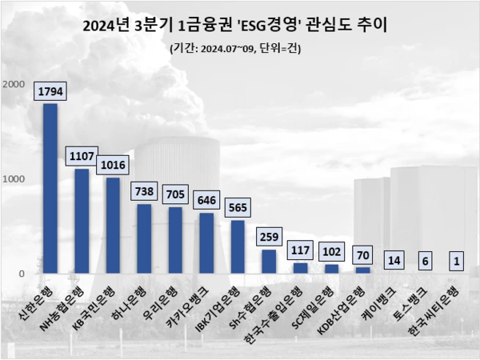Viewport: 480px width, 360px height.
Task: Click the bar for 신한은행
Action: pyautogui.click(x=50, y=189)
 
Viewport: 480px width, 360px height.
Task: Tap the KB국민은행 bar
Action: pyautogui.click(x=113, y=226)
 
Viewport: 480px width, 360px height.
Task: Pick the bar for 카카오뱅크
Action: pyautogui.click(x=206, y=243)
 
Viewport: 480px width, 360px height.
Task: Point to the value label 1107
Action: pyautogui.click(x=82, y=156)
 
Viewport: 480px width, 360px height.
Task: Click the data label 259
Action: pyautogui.click(x=269, y=237)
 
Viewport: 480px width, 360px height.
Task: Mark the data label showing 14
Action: pyautogui.click(x=394, y=260)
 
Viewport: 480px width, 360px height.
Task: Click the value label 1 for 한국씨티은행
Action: pyautogui.click(x=457, y=260)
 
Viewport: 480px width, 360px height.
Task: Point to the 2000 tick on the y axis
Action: pyautogui.click(x=14, y=83)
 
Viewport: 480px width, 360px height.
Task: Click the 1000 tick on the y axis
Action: pyautogui.click(x=14, y=178)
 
